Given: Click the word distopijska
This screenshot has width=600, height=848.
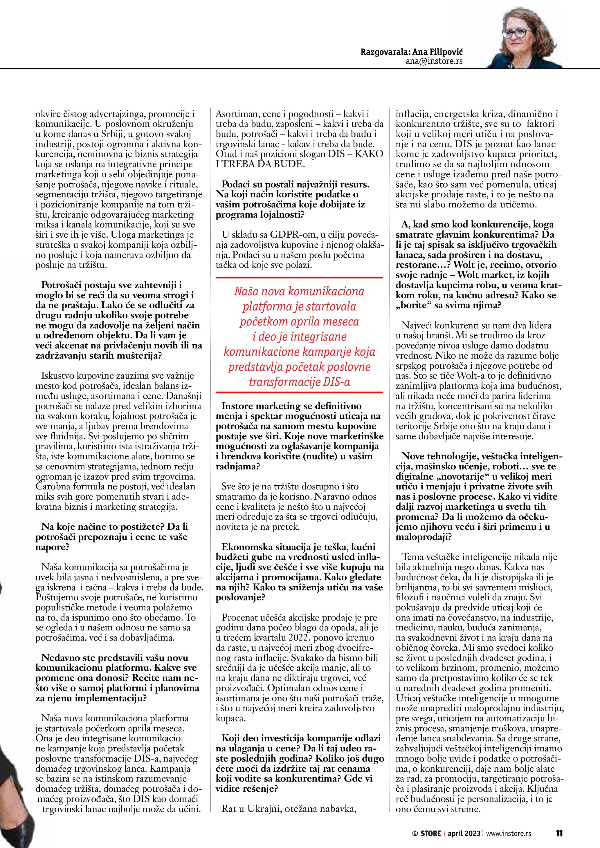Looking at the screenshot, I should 500,577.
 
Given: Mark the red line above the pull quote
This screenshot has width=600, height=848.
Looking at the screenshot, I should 299,277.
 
